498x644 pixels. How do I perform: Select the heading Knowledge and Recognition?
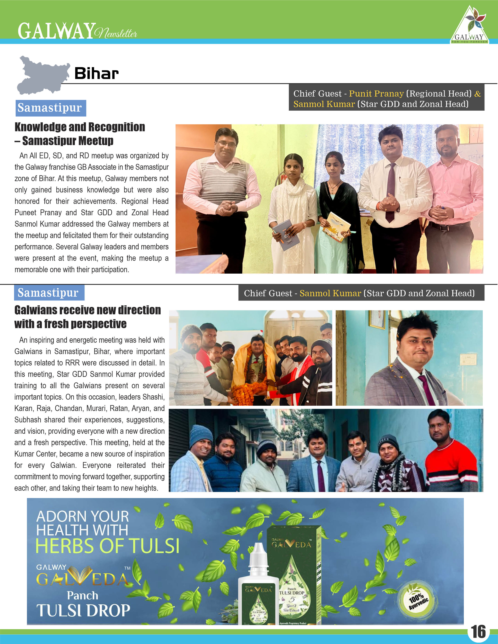click(x=80, y=127)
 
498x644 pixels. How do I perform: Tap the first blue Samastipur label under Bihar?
click(x=50, y=108)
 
